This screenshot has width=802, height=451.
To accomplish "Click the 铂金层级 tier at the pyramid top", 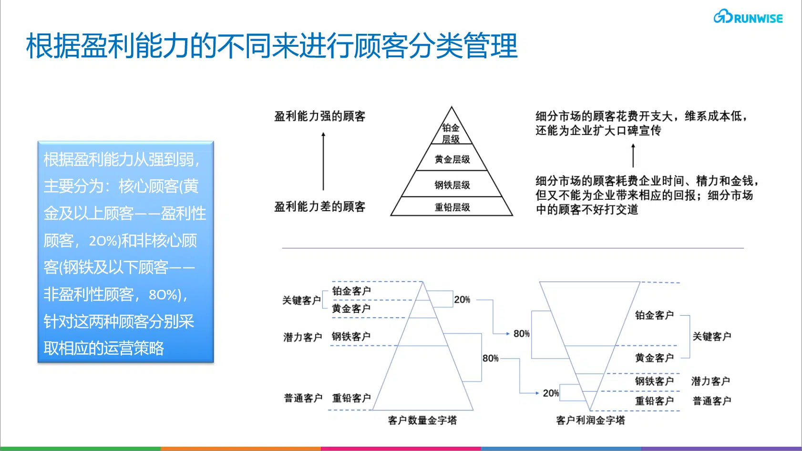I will [451, 133].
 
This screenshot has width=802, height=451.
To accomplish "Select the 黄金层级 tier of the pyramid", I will [452, 159].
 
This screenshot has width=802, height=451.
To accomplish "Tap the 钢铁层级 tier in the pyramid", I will [452, 185].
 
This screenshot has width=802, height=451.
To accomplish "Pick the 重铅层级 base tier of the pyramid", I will [452, 207].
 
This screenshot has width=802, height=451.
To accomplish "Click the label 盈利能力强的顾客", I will [319, 116].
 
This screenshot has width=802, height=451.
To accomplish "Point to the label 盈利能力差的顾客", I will [319, 207].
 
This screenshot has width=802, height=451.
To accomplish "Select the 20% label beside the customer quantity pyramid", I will [462, 299].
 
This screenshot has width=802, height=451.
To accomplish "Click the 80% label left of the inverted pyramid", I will [521, 334].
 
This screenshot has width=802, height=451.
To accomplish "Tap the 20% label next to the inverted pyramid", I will [551, 393].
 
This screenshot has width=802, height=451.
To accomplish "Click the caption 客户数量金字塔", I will [422, 420].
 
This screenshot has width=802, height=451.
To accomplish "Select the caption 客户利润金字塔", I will [590, 420].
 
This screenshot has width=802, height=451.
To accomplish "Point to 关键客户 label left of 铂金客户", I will [301, 300].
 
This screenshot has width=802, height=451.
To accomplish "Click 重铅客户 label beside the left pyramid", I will [351, 398].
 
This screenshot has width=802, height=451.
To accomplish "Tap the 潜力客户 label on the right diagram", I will [710, 381].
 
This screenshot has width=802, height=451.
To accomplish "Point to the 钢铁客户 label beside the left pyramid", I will [351, 337].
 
